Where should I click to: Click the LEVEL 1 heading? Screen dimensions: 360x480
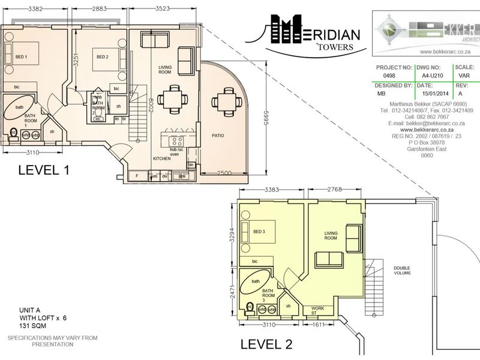click(x=44, y=170)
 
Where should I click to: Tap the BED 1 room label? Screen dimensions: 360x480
click(x=21, y=57)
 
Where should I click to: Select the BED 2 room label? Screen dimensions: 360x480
click(x=102, y=57)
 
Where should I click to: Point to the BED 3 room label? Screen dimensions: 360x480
click(x=259, y=232)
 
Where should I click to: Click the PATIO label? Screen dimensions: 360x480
click(x=217, y=136)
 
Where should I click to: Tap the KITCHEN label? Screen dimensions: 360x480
click(x=161, y=158)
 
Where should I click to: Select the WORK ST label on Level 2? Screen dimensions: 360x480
click(x=317, y=310)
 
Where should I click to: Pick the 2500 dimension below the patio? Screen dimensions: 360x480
click(x=224, y=172)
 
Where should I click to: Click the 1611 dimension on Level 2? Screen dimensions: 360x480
click(x=318, y=325)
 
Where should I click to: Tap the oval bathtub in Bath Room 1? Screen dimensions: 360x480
click(x=20, y=108)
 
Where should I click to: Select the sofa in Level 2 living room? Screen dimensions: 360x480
click(x=329, y=260)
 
